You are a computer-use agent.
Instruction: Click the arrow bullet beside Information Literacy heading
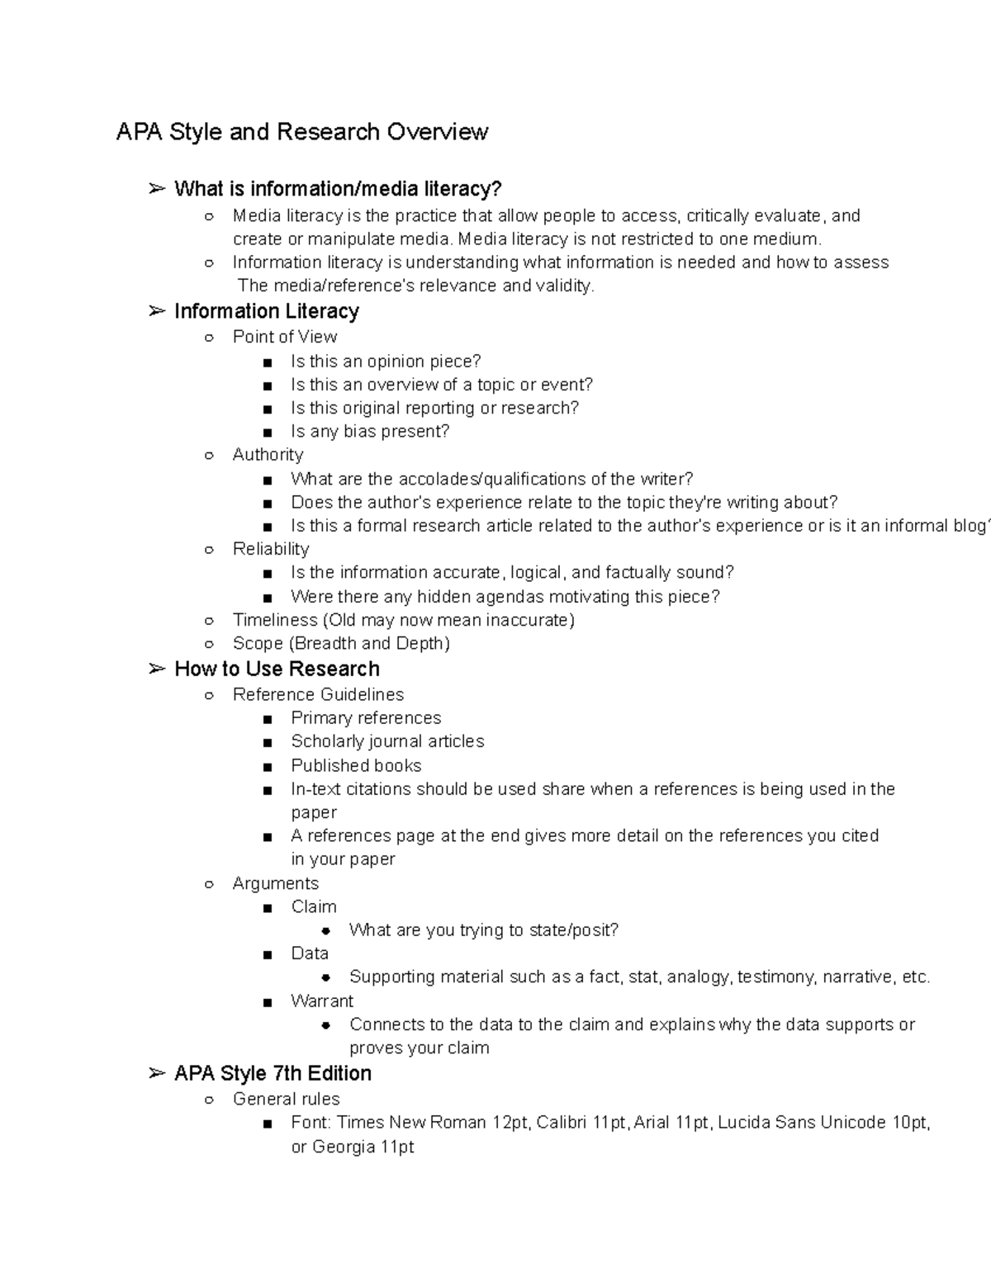coord(156,311)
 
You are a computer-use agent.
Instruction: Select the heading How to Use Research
coord(277,669)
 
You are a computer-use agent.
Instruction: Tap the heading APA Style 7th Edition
coord(273,1073)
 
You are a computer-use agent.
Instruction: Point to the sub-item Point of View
coord(285,337)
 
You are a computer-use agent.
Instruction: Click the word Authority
coord(268,455)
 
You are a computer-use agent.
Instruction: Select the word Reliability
coord(271,549)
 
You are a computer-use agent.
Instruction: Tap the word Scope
coord(258,644)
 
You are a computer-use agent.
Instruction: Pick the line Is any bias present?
coord(370,432)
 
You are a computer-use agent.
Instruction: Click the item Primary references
coord(366,718)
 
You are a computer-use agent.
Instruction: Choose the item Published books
coord(356,766)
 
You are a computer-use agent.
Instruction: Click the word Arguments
coord(276,883)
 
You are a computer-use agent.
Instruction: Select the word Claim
coord(314,906)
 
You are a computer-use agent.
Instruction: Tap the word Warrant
coord(322,1001)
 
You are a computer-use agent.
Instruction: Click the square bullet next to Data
coord(267,955)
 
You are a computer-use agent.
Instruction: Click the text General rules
coord(287,1099)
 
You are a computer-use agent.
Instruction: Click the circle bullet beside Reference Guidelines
coord(210,696)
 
